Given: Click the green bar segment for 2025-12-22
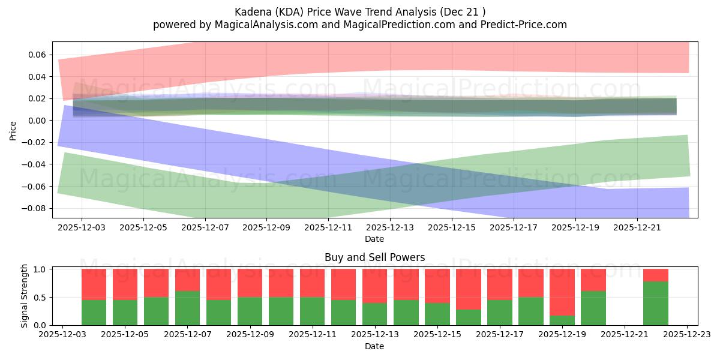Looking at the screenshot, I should [x=656, y=303].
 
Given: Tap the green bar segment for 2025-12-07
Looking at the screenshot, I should [x=188, y=308].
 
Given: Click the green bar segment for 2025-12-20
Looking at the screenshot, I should [x=593, y=308].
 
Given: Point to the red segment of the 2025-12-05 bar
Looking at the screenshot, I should [x=125, y=284].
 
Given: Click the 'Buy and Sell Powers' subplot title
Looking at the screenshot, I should [x=374, y=257].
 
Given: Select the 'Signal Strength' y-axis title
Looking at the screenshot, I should [x=25, y=296].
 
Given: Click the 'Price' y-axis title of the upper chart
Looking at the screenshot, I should [x=13, y=130].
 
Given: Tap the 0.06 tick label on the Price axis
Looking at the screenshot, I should [x=37, y=55].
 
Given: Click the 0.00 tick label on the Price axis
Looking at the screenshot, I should [x=37, y=121].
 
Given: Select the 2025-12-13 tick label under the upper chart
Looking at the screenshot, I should [x=390, y=228].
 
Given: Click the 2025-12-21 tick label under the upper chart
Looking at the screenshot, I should [x=637, y=228].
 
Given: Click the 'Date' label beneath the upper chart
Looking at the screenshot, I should [x=374, y=239].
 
